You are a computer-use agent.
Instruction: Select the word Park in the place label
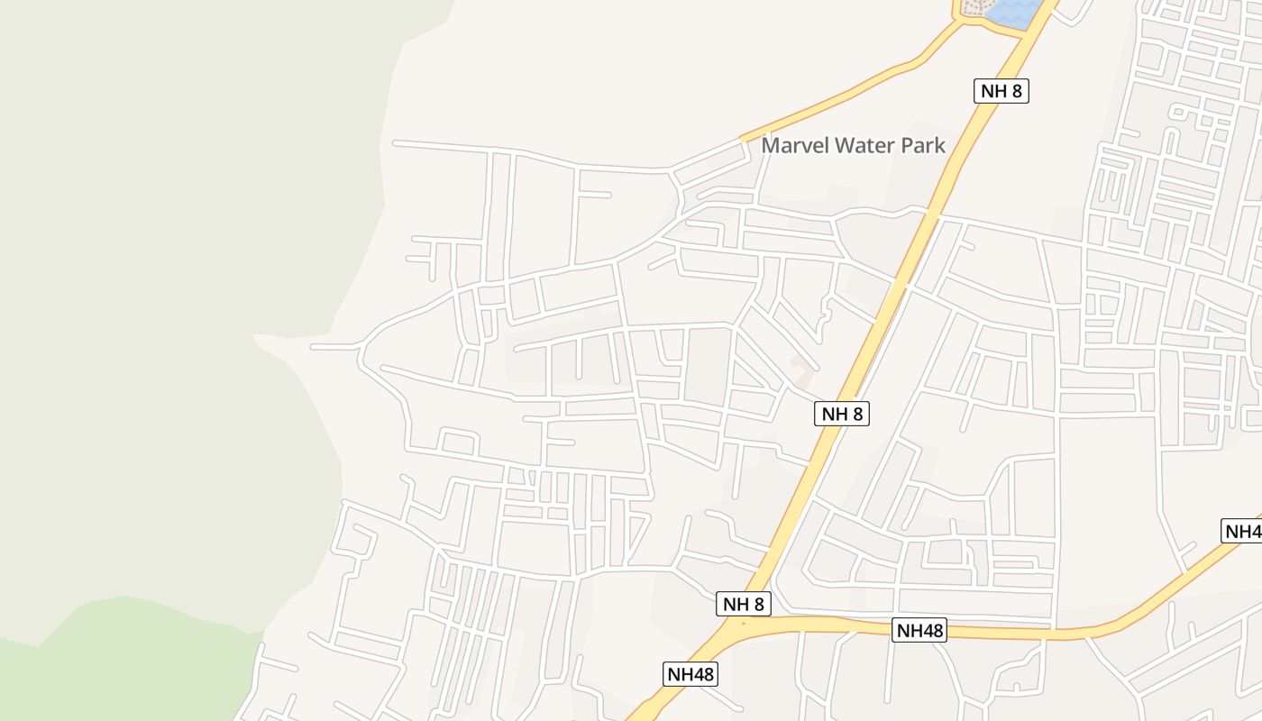pos(923,145)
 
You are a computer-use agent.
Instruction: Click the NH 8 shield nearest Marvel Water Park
pos(1001,90)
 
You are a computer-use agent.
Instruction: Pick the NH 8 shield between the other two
pos(842,414)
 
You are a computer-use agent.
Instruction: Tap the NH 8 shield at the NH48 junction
pos(744,604)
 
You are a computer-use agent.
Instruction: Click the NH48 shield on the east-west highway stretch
pos(919,630)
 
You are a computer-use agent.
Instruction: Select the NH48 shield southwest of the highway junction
pos(691,673)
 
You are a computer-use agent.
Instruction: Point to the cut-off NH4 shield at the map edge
pos(1242,531)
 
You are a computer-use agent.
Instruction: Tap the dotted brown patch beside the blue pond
pos(974,8)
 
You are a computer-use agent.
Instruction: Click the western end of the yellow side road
pos(743,139)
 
